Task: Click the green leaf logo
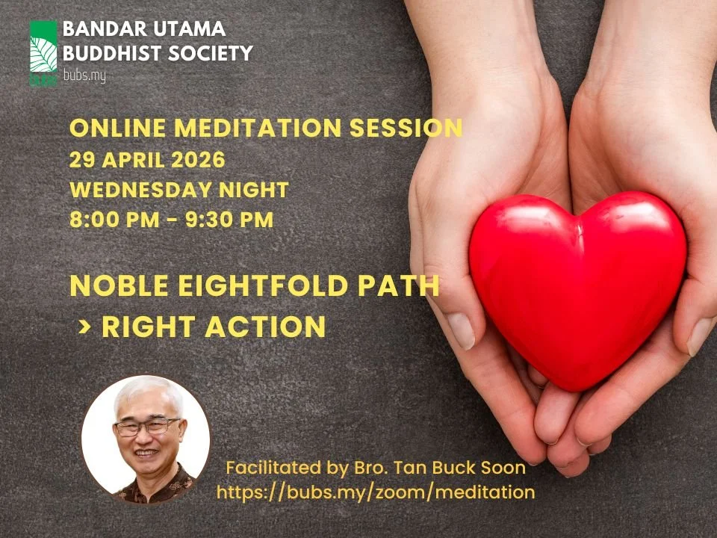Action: [x=43, y=52]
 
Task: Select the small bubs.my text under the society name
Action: [x=84, y=75]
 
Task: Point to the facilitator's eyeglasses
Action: [x=146, y=427]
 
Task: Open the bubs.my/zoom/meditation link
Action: [x=376, y=492]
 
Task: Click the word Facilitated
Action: [x=276, y=469]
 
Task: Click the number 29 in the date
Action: [x=81, y=160]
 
